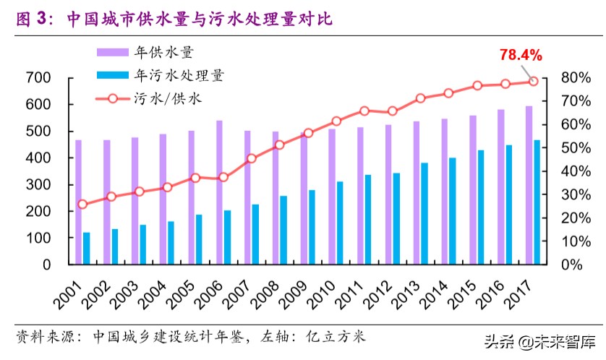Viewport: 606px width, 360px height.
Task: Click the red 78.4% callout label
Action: pos(520,56)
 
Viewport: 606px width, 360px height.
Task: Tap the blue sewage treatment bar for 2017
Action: pos(537,202)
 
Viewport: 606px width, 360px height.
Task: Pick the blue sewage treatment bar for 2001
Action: pos(87,248)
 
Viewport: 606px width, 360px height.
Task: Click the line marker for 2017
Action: pos(533,81)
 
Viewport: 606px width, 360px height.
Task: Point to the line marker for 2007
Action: pos(251,158)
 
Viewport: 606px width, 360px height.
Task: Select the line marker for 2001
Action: pos(82,204)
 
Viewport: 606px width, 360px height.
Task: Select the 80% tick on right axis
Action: pos(565,77)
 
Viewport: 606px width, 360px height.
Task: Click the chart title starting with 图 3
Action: pos(174,20)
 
